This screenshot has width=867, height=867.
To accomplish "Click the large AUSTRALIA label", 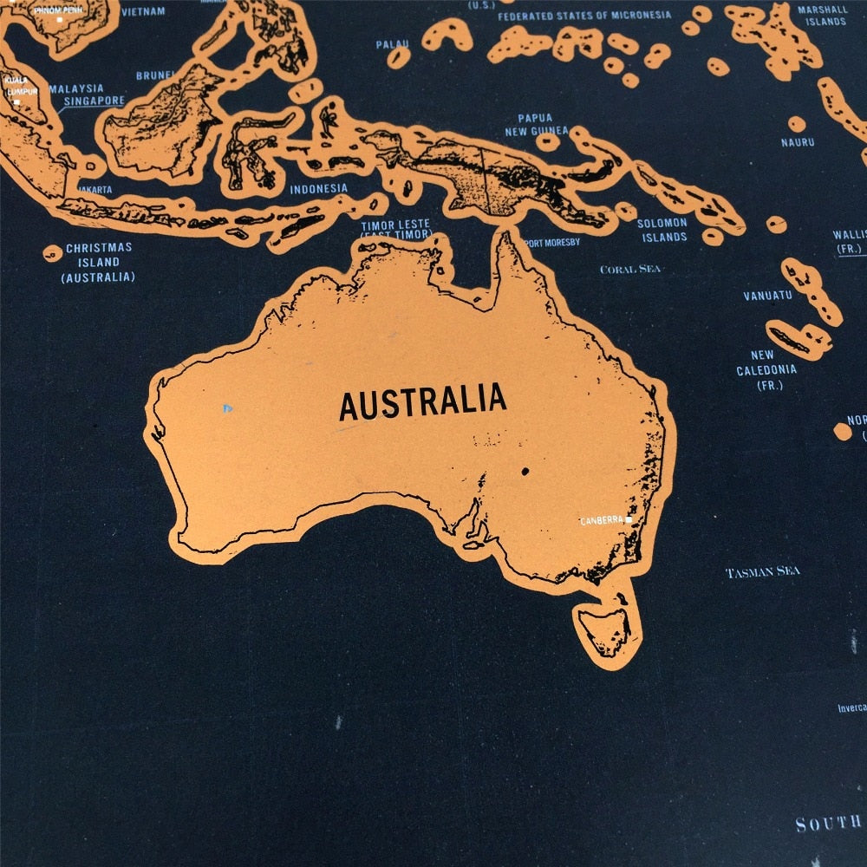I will [422, 401].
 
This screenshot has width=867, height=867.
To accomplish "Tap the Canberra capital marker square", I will [629, 520].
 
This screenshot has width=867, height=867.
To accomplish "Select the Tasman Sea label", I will [762, 572].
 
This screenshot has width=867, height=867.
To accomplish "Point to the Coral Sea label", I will [630, 269].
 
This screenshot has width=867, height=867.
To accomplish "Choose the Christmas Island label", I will [98, 262].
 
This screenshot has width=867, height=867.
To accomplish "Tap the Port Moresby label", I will [551, 243].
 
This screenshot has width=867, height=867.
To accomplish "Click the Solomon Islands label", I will [663, 230].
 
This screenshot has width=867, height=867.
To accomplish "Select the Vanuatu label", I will [767, 296].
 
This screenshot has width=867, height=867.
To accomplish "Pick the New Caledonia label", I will [766, 369].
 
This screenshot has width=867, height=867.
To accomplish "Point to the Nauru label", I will [798, 142].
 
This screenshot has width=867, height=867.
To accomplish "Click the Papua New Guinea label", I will [536, 124].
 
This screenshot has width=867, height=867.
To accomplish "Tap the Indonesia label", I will [318, 189].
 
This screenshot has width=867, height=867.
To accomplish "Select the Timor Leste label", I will [395, 230].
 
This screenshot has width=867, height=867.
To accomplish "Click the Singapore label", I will [94, 101].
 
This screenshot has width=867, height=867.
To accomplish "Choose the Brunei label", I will [154, 76].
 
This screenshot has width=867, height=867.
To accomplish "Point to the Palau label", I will [391, 44].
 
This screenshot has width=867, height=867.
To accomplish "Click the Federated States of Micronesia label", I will [584, 16].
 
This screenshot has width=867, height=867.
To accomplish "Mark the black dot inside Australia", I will [525, 472].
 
